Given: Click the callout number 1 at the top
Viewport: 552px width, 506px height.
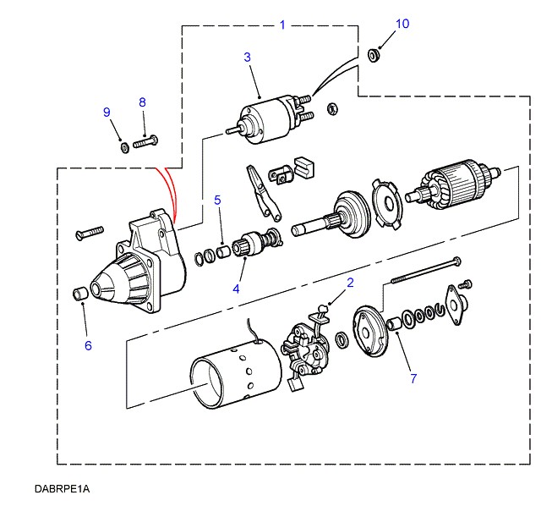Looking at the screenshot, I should point(282,25).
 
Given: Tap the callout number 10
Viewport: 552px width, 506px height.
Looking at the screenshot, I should point(402,24).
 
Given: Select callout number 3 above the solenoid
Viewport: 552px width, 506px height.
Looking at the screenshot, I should point(248,58).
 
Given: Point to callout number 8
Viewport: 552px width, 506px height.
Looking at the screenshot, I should point(142,102).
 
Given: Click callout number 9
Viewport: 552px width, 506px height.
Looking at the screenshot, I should point(107,113).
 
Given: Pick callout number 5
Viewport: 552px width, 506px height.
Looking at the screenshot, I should point(217,201).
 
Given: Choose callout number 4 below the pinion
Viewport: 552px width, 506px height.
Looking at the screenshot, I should point(237,289).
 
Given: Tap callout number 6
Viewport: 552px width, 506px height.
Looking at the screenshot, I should point(87,344).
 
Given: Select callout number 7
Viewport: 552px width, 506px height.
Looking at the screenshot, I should point(413,378).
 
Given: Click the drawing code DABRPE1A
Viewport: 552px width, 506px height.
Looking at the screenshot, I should point(62,489).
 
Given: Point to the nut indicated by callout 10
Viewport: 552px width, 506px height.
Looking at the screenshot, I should point(374,56).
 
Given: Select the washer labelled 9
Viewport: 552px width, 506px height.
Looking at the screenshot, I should point(124,147).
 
